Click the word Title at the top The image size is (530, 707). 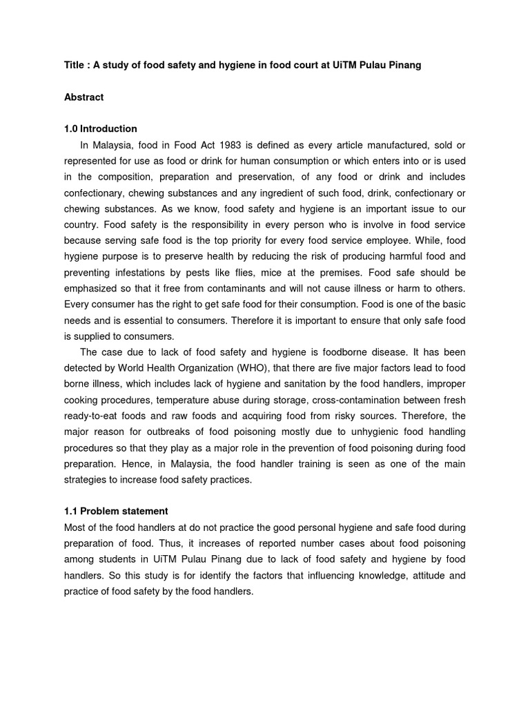click(x=75, y=65)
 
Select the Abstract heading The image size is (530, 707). click(x=84, y=97)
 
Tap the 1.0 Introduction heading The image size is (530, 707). click(x=100, y=129)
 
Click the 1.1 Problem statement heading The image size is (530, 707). click(x=116, y=512)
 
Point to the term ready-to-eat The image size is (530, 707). click(x=99, y=416)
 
